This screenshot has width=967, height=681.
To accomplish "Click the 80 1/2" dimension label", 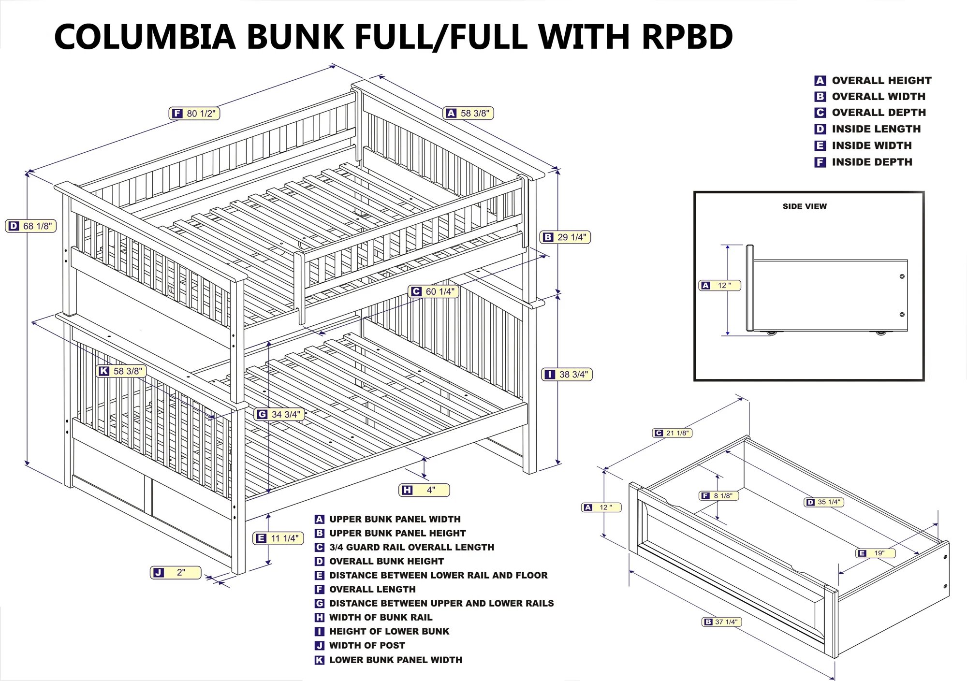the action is click(194, 114).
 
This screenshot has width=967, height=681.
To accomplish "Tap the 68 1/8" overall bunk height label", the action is click(31, 226).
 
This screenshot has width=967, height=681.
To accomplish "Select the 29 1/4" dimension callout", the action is click(565, 237).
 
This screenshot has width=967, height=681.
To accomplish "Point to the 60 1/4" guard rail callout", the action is click(434, 292).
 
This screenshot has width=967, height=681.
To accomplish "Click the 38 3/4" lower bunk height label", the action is click(567, 375).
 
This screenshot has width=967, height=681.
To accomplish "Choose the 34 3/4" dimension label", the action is click(279, 415).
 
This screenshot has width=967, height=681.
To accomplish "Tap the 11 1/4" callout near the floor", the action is click(278, 538).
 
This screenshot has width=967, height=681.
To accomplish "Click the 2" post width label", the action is click(176, 573).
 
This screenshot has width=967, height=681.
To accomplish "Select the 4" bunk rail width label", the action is click(424, 490).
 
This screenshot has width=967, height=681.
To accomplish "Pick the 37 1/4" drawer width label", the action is click(721, 622).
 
